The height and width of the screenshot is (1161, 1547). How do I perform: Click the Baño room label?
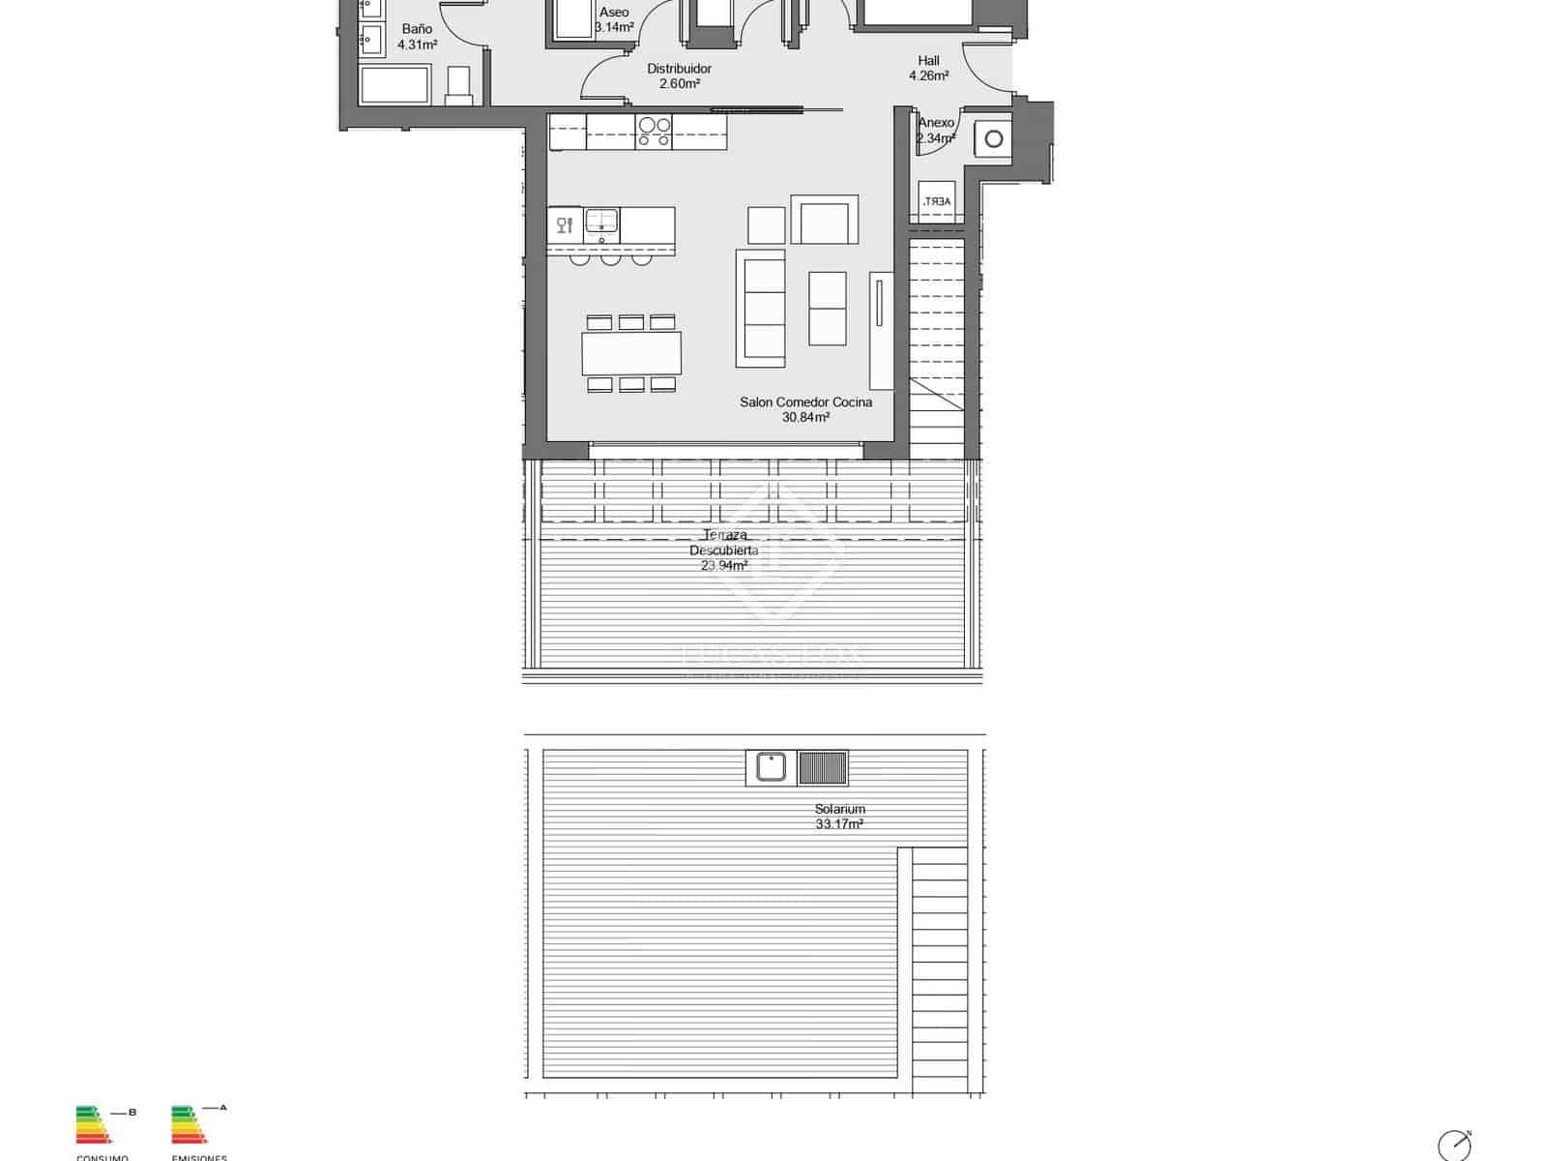tap(417, 29)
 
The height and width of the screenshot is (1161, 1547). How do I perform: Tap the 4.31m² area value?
tap(417, 45)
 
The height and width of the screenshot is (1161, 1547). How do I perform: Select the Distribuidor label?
tap(679, 69)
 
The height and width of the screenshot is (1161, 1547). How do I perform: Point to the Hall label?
tap(928, 61)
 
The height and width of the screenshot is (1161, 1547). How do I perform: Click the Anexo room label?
tap(936, 123)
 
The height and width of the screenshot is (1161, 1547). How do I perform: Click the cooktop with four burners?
tap(654, 132)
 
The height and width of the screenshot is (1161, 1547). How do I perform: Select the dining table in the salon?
tap(631, 353)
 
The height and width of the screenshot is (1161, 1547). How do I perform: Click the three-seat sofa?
tap(760, 308)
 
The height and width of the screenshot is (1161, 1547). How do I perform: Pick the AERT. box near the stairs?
tap(936, 201)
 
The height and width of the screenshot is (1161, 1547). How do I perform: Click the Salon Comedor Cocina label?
tap(805, 402)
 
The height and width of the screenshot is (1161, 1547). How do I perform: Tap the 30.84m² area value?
tap(805, 418)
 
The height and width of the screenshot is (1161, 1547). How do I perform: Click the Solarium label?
tap(839, 809)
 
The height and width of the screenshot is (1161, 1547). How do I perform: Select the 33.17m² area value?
tap(839, 824)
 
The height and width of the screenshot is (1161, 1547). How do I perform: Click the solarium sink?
tap(771, 767)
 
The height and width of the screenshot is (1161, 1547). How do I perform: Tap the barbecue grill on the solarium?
tap(823, 768)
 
